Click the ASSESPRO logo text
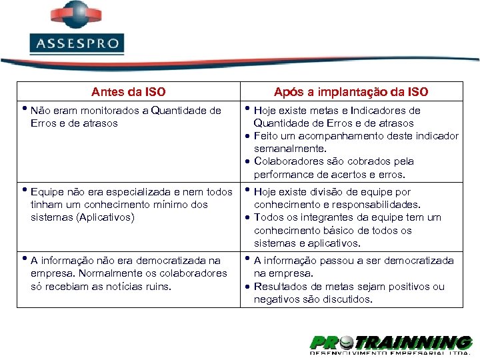point(77,45)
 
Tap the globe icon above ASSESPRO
point(76,15)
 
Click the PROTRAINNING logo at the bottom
point(391,344)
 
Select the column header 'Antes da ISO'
point(128,92)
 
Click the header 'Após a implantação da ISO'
point(351,92)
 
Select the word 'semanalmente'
point(289,149)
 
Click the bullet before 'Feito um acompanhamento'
point(247,136)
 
